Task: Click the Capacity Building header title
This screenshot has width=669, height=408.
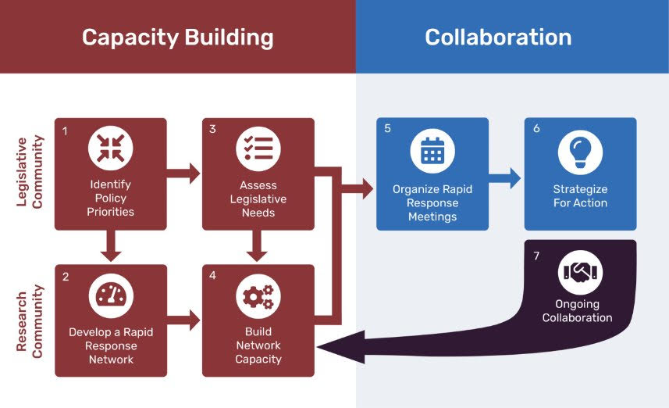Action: (x=178, y=38)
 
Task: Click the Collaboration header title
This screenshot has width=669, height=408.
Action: (x=498, y=38)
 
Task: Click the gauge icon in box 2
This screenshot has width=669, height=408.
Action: (x=111, y=296)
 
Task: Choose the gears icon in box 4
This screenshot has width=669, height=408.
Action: (x=258, y=296)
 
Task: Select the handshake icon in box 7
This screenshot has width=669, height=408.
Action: (x=580, y=273)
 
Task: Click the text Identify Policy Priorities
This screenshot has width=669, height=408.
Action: (x=111, y=199)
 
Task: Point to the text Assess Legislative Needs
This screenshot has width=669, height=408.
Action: (x=258, y=199)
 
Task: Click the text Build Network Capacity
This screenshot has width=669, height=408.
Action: (x=258, y=345)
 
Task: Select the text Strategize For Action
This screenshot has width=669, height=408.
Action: (x=580, y=196)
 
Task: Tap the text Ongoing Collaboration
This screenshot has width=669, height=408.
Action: (x=578, y=311)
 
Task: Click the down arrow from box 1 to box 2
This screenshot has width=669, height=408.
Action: (x=111, y=246)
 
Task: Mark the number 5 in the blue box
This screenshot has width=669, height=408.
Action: (x=388, y=129)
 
